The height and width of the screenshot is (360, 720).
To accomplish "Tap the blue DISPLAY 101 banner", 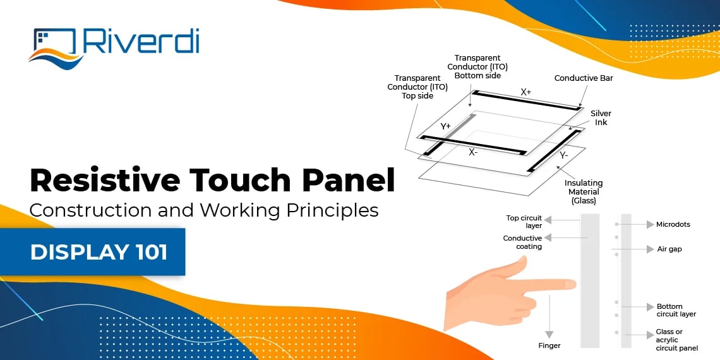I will (99, 252).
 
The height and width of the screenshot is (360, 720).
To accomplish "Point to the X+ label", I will (525, 92).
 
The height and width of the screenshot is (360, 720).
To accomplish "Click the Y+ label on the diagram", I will (445, 126).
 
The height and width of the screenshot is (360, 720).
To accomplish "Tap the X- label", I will (472, 152).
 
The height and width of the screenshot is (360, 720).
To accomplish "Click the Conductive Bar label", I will (584, 78).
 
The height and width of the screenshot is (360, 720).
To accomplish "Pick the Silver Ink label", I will (601, 117).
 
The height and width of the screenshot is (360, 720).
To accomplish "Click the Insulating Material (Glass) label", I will (584, 192).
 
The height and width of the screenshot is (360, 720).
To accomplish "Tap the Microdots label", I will (673, 224).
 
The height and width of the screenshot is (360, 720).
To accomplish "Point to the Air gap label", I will (669, 249).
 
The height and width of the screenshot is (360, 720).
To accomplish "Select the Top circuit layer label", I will (524, 222).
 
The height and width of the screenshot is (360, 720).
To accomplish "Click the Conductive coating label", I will (522, 243).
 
